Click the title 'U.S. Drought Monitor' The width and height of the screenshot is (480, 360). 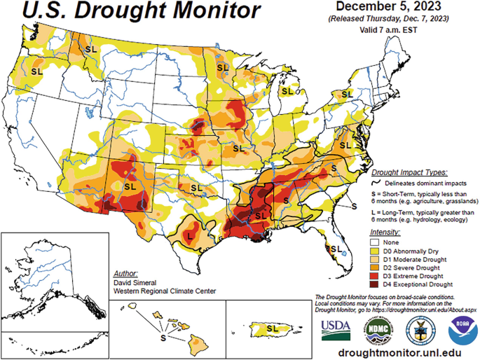click(132, 12)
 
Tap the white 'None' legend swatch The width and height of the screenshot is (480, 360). click(375, 242)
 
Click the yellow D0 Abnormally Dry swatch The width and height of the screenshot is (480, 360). click(375, 250)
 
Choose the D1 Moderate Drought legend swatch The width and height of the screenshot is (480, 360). click(375, 258)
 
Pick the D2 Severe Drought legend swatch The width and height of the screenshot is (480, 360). click(375, 268)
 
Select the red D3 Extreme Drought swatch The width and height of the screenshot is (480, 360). click(375, 276)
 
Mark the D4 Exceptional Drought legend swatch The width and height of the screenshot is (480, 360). click(375, 284)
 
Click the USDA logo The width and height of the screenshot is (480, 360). click(336, 328)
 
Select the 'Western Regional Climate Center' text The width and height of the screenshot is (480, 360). click(164, 291)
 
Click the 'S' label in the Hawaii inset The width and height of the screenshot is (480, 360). click(163, 338)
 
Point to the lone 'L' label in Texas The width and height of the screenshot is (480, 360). click(189, 237)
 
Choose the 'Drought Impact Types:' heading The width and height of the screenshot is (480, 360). click(410, 171)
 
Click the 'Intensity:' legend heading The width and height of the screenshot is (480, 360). click(385, 231)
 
